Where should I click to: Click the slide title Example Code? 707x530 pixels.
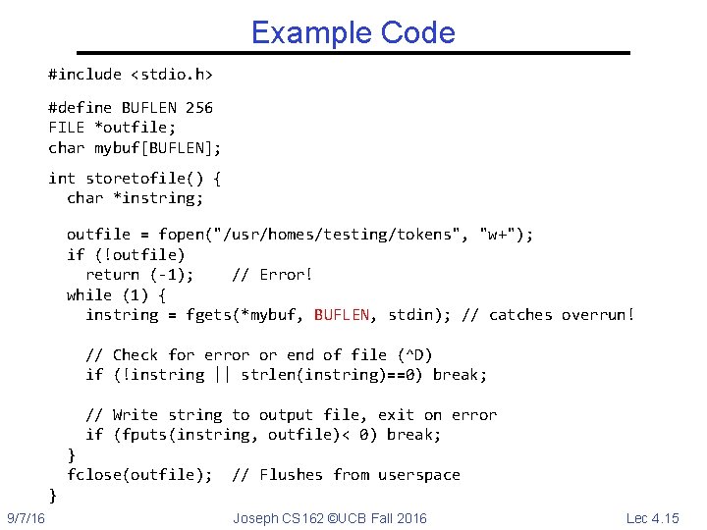[x=353, y=32]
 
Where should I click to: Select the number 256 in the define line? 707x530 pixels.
[x=198, y=107]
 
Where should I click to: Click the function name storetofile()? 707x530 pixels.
[x=144, y=178]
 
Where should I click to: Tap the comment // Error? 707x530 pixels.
[x=272, y=274]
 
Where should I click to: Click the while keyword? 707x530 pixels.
[x=89, y=294]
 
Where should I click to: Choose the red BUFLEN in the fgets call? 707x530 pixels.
[x=342, y=314]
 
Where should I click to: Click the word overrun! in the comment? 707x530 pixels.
[x=598, y=314]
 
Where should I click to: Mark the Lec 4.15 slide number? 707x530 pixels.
[x=652, y=517]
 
